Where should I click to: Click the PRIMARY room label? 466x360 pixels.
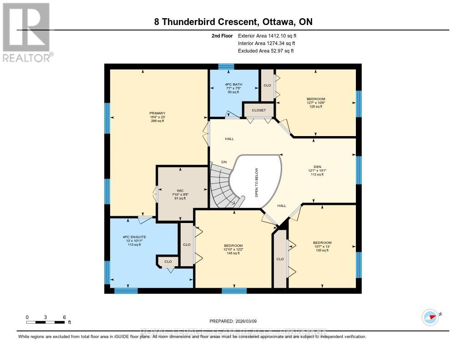(x=157, y=113)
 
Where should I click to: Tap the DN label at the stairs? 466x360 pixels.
(x=224, y=162)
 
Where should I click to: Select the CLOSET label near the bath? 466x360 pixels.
(x=258, y=110)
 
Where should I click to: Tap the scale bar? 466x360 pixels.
(x=46, y=322)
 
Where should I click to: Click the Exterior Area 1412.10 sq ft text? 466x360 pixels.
(x=268, y=35)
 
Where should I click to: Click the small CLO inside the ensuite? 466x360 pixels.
(x=168, y=262)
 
